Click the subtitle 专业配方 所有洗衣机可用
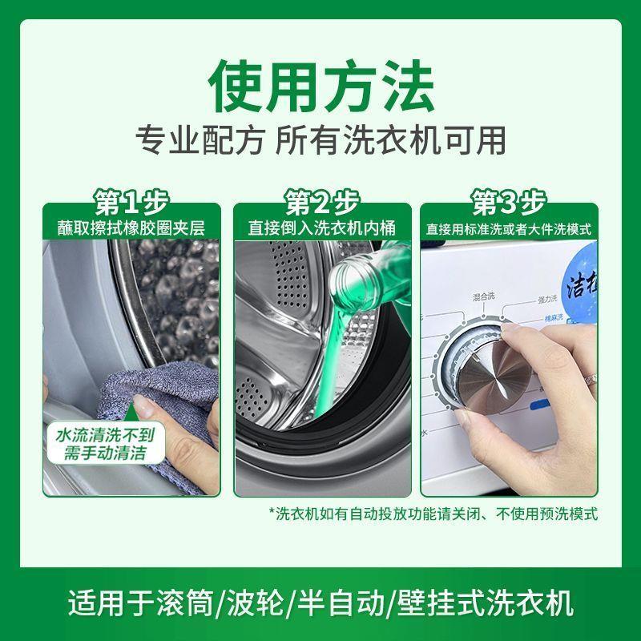tap(320, 140)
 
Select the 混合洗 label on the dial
tap(483, 297)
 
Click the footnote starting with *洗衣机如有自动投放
tap(433, 513)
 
